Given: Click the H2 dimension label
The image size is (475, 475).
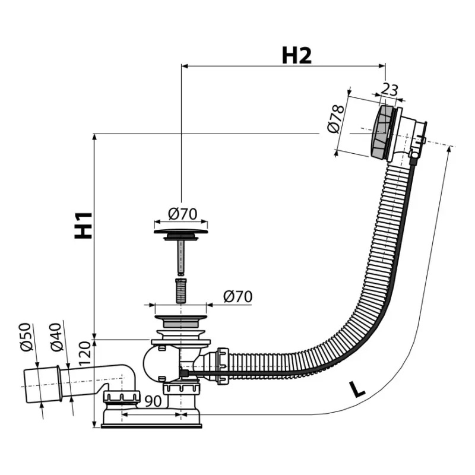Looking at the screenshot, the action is click(296, 56).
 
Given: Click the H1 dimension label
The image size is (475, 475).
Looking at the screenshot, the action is click(83, 225).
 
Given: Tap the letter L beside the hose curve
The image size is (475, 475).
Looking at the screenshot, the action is click(357, 389).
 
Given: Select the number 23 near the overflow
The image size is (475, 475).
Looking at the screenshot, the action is click(389, 90).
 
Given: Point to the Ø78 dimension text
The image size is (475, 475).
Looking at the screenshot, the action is click(336, 119).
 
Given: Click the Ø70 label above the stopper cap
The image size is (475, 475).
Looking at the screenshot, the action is click(183, 214).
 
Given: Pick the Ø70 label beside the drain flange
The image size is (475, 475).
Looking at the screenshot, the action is click(238, 296).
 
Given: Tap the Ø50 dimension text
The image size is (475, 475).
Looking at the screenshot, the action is click(26, 337).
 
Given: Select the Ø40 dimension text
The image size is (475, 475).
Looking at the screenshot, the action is click(56, 337).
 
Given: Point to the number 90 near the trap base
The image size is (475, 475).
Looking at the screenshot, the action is click(153, 401).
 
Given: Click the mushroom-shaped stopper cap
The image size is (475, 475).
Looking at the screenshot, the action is click(181, 234).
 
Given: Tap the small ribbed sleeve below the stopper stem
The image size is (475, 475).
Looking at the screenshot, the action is click(181, 290).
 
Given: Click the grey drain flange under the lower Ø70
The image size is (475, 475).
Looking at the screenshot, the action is click(181, 321).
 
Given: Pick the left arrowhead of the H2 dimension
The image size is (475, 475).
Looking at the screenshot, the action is click(185, 66).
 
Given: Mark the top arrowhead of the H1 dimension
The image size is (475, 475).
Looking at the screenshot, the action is click(94, 137).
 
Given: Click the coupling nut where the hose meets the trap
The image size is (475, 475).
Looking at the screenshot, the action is click(223, 366).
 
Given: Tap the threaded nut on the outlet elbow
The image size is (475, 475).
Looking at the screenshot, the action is click(122, 397).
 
